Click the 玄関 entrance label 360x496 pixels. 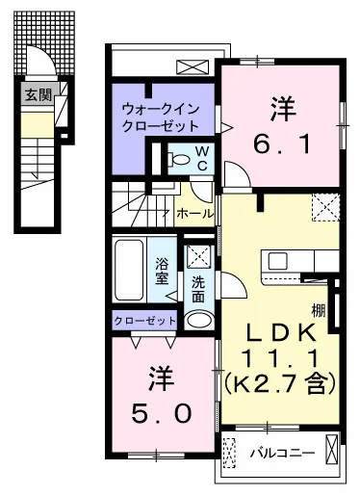(x=39, y=94)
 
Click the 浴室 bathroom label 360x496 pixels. (x=163, y=271)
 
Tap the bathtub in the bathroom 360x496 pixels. (x=128, y=268)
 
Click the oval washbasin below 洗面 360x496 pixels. (x=198, y=320)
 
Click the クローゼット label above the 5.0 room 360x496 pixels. (x=144, y=321)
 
